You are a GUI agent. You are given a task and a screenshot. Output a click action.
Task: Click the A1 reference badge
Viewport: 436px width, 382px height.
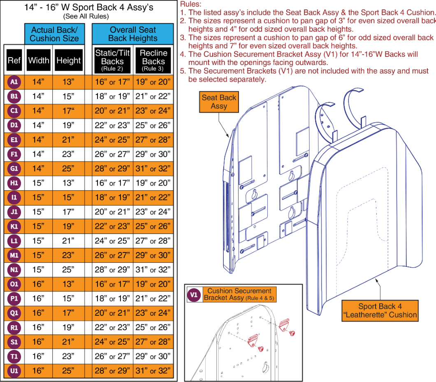(14, 82)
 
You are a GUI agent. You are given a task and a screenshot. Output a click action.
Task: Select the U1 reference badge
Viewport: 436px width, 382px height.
(14, 370)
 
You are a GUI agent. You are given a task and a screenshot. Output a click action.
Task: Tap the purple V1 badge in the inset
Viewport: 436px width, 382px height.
(194, 294)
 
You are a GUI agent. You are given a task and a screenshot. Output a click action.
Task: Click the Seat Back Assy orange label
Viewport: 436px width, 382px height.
(219, 102)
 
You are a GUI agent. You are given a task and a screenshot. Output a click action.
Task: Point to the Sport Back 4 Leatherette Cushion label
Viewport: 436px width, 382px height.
(380, 310)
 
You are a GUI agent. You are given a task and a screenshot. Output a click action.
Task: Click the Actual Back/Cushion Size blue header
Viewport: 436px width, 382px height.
(54, 34)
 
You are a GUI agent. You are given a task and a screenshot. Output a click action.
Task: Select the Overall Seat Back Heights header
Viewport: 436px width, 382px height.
(132, 34)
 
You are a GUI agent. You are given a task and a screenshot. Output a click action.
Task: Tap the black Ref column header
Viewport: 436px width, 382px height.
(14, 61)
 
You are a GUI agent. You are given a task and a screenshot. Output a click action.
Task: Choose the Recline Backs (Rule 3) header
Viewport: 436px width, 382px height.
(153, 60)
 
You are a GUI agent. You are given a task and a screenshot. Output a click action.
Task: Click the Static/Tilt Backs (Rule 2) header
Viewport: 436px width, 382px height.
(112, 60)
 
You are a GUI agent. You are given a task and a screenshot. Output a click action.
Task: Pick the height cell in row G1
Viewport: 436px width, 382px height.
(68, 169)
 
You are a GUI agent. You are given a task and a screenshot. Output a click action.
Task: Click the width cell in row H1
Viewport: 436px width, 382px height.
(38, 183)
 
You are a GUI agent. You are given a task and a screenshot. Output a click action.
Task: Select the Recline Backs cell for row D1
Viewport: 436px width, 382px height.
(153, 125)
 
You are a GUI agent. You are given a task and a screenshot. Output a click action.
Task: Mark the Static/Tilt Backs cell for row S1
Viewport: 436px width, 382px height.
(112, 342)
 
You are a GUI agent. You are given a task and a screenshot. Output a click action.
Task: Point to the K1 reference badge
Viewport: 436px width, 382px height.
(14, 226)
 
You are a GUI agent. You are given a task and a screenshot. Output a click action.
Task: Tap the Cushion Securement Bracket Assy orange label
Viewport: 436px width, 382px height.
(239, 294)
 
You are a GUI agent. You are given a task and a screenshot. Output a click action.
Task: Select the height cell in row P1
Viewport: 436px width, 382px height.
(68, 299)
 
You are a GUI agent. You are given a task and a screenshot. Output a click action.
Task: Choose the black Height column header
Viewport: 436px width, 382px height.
(68, 61)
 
